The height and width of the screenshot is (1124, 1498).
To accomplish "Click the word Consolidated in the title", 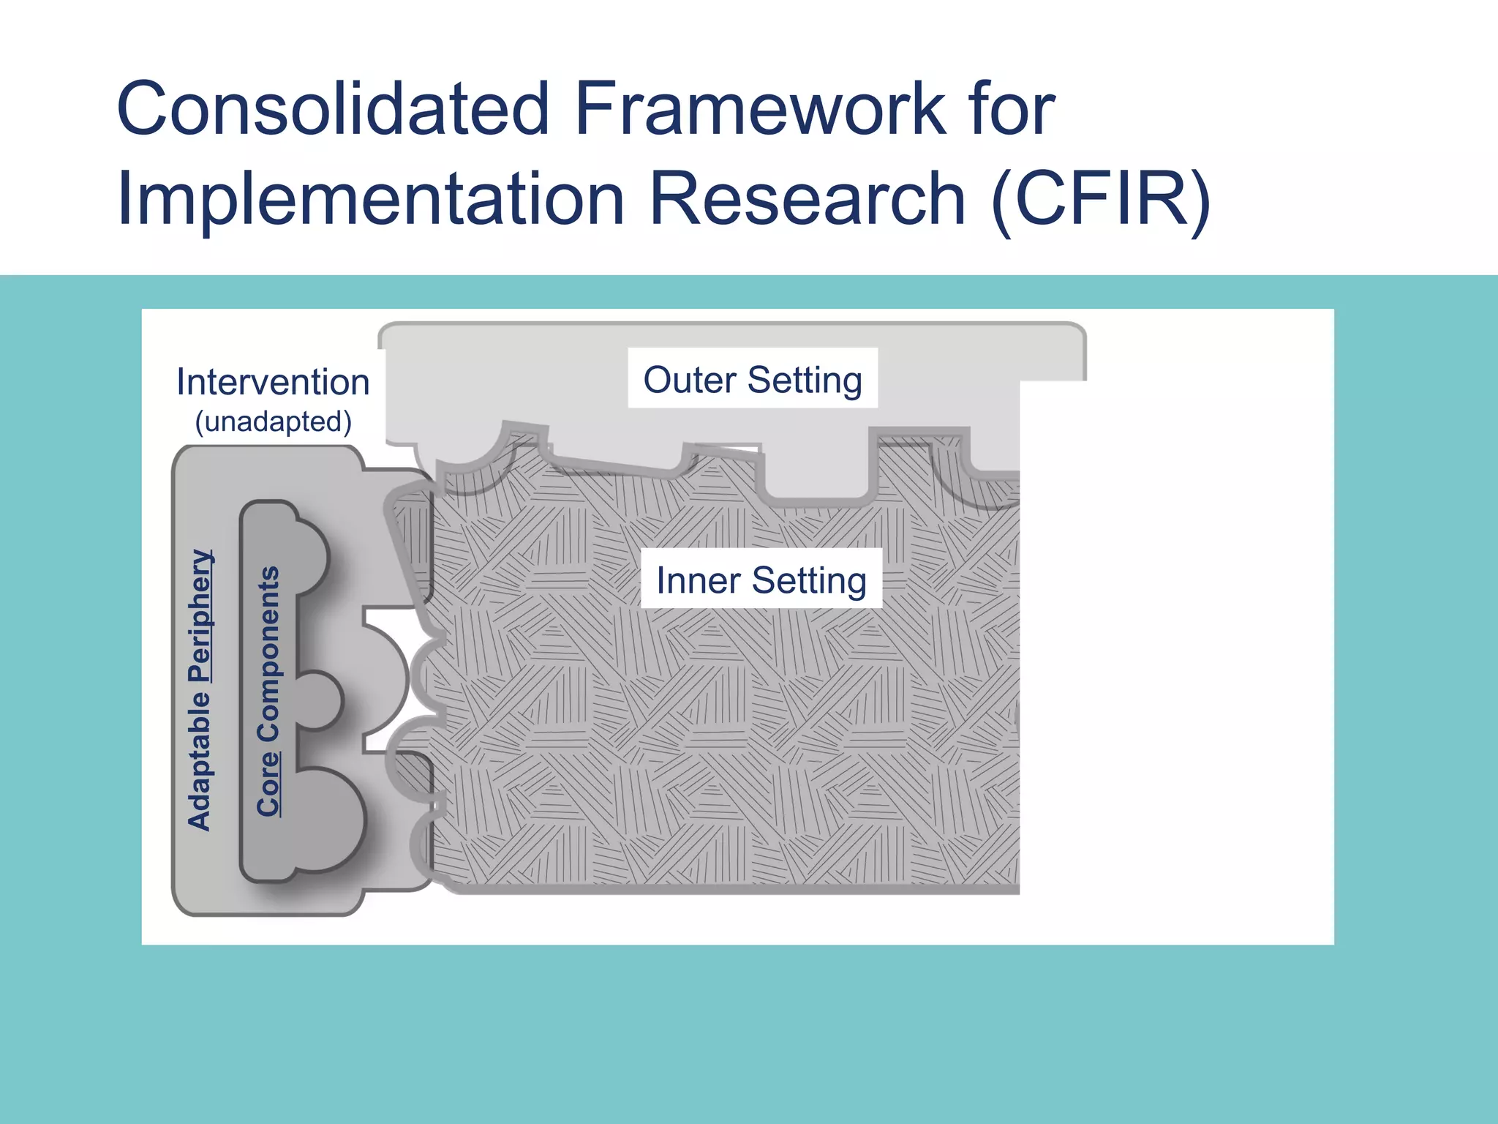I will (x=333, y=110).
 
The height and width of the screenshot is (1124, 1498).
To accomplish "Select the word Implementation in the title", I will (x=370, y=199).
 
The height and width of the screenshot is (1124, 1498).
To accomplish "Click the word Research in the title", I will (x=808, y=199).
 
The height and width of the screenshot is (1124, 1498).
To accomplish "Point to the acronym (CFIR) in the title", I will (x=1102, y=199).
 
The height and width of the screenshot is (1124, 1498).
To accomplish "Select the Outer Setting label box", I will (x=753, y=378).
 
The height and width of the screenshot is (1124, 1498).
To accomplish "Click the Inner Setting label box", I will (x=761, y=579).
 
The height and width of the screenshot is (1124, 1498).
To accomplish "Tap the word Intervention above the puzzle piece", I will (x=273, y=382).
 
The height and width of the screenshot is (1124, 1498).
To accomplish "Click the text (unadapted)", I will (x=273, y=422).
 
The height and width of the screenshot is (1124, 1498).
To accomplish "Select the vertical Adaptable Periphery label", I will (x=199, y=689).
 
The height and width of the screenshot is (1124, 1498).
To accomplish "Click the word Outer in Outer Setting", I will (x=689, y=380).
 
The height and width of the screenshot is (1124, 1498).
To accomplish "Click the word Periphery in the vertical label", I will (x=199, y=615).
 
